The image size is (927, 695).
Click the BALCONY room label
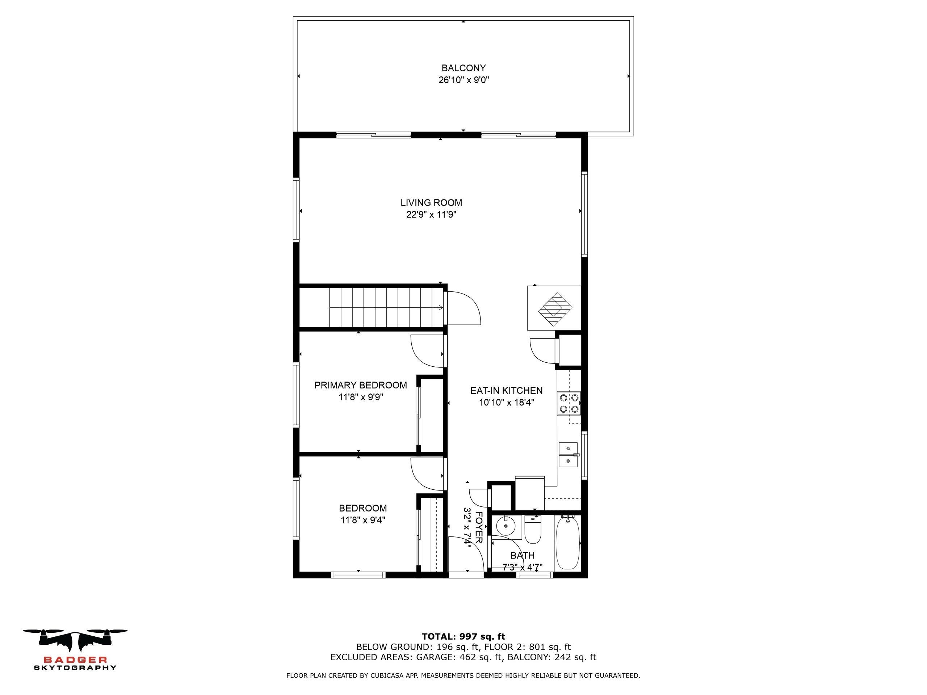coord(463,68)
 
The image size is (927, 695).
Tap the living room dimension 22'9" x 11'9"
coord(431,215)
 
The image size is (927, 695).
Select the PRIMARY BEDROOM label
coord(360,385)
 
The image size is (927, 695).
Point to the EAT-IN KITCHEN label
coord(506,391)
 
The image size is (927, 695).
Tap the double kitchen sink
coord(568,455)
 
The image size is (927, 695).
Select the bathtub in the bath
coord(568,543)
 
